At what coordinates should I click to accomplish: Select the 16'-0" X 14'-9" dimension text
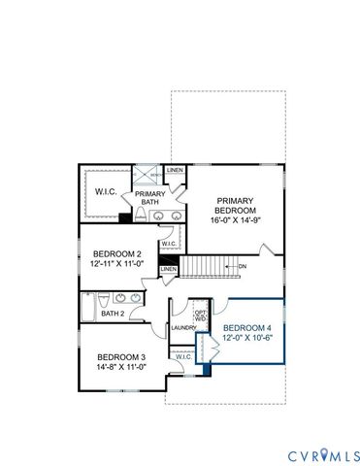[236, 220]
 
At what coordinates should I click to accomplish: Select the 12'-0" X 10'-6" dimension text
[247, 339]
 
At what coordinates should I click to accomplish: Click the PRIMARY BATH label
[156, 198]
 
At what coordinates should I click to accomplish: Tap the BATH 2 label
[113, 314]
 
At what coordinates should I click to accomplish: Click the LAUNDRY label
[182, 328]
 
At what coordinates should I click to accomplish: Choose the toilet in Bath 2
[135, 314]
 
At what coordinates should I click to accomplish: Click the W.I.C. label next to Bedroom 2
[168, 244]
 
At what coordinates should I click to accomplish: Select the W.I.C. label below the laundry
[183, 357]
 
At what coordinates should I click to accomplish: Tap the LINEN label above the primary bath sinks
[174, 171]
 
